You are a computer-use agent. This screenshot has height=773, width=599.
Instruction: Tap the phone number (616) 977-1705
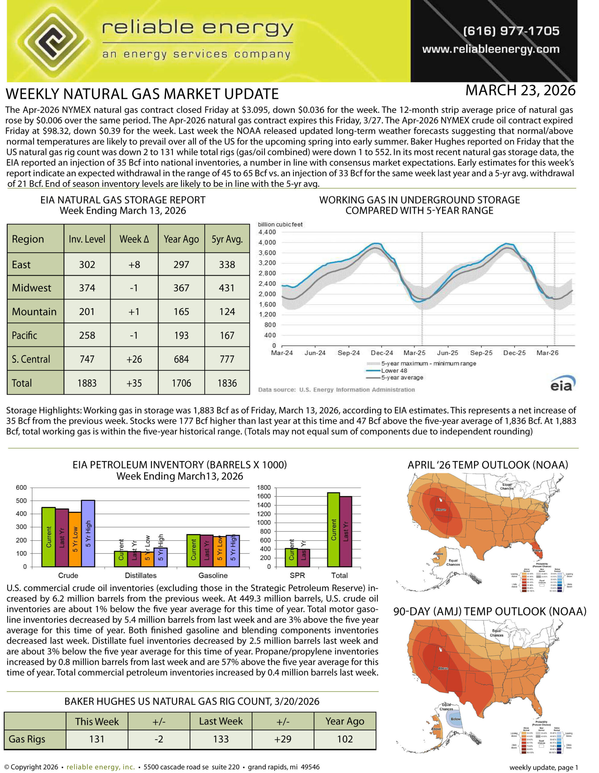(511, 31)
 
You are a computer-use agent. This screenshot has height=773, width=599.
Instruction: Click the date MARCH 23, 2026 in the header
(520, 91)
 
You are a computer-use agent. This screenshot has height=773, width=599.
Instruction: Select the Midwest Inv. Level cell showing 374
(87, 288)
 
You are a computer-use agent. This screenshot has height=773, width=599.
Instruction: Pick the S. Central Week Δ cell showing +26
(134, 359)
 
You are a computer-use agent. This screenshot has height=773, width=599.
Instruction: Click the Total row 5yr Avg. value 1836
(227, 383)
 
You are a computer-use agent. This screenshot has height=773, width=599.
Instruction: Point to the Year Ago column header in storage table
(181, 239)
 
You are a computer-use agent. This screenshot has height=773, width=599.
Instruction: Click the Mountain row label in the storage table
(34, 312)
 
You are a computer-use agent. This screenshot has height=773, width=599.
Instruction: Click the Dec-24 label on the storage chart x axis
(381, 353)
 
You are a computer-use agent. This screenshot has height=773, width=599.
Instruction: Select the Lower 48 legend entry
(393, 370)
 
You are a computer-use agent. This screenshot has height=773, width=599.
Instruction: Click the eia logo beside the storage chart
(562, 384)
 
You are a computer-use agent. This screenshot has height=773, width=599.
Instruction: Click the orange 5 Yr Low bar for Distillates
(147, 559)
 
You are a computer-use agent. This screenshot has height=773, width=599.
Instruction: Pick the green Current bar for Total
(333, 530)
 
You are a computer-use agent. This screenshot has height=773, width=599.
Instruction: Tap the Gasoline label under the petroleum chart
(213, 576)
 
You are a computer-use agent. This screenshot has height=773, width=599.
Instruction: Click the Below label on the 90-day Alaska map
(455, 719)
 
